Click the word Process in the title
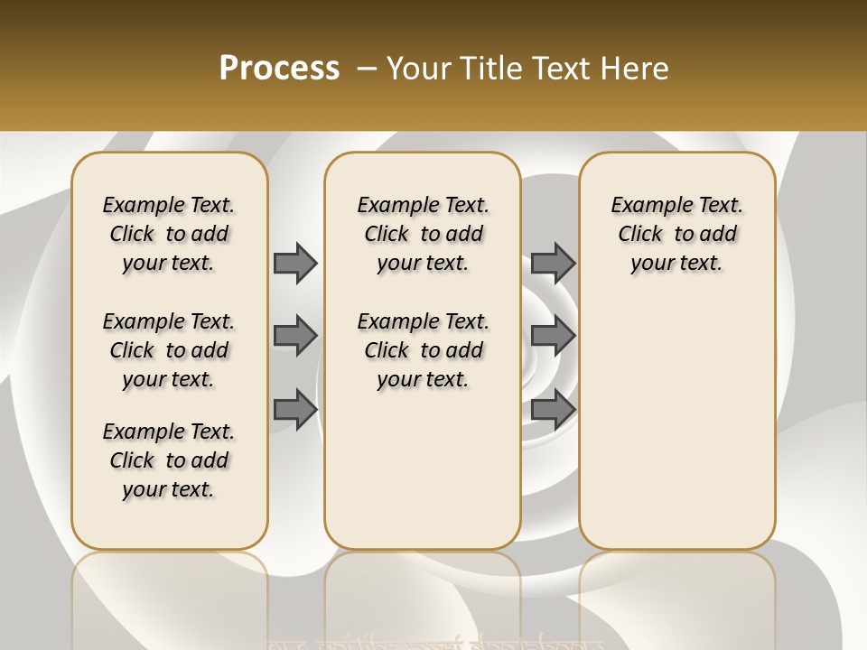click(x=279, y=68)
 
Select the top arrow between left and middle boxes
click(x=295, y=263)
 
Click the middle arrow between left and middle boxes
click(x=295, y=336)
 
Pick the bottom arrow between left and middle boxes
click(x=295, y=409)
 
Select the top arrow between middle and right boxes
click(x=553, y=263)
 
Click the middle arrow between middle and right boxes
click(x=553, y=336)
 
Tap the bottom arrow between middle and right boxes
click(x=553, y=409)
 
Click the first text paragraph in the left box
click(x=169, y=234)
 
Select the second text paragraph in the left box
click(x=169, y=350)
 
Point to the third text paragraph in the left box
click(x=169, y=460)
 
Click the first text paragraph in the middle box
click(x=423, y=234)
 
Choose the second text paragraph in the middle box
click(x=423, y=350)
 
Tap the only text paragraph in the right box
click(x=676, y=234)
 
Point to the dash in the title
click(x=367, y=69)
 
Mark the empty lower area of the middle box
click(x=423, y=469)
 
